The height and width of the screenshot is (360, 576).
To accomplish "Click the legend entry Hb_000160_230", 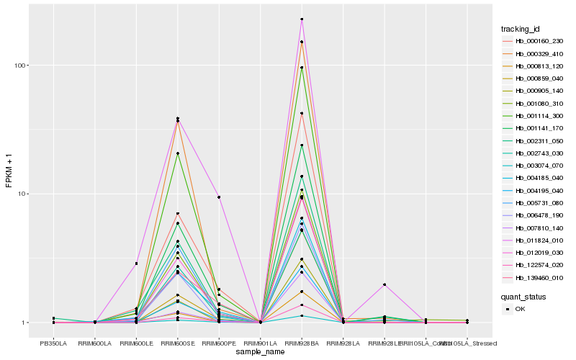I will click(x=534, y=41).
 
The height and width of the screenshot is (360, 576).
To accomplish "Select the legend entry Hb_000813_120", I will click(x=534, y=66).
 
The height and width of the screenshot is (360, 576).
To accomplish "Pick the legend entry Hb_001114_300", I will click(x=534, y=116).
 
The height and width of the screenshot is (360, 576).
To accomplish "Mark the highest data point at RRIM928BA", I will click(x=302, y=19).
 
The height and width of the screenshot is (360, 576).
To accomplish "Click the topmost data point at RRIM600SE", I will click(x=177, y=118).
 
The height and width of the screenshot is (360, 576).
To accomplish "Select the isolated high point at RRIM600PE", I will click(x=219, y=197).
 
